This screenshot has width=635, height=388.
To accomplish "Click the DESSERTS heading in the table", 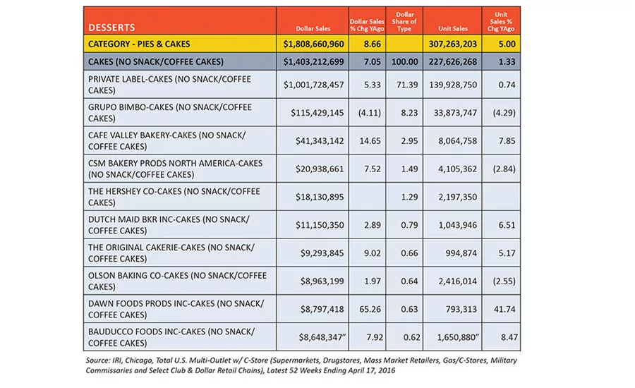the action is [111, 28].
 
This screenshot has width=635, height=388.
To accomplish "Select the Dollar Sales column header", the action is [313, 29].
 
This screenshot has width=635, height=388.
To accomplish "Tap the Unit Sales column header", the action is [453, 29].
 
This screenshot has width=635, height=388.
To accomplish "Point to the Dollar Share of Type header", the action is [404, 21].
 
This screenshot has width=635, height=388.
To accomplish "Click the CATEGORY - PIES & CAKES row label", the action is [139, 44].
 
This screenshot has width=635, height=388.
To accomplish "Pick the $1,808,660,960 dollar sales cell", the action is [313, 44].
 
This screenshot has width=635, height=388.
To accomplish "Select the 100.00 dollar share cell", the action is [404, 62].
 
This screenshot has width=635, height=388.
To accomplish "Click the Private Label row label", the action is [169, 85].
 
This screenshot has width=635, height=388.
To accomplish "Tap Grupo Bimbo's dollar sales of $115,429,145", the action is [317, 113].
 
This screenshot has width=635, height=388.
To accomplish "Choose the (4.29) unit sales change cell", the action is [504, 113].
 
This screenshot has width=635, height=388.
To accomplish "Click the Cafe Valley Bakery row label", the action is [167, 140].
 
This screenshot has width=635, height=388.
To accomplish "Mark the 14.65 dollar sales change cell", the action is [370, 141].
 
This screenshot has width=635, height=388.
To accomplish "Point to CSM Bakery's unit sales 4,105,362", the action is [458, 169].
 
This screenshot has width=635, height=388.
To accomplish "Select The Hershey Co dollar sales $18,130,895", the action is [320, 197].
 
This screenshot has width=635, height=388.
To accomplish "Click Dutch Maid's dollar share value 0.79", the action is [409, 225].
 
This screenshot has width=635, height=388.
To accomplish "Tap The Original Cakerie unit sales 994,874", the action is [461, 253].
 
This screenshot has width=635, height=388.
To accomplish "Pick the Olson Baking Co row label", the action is [177, 281].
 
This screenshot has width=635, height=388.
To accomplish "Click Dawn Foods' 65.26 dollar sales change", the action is [370, 309].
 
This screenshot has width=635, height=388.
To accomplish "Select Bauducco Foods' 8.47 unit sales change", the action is [509, 337].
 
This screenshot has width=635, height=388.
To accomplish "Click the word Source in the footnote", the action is [97, 360].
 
